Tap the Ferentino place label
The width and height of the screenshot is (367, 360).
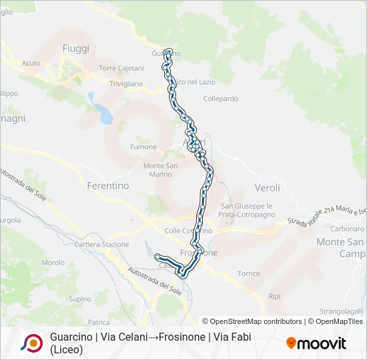pyautogui.click(x=108, y=186)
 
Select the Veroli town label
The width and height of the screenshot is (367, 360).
pyautogui.click(x=268, y=188)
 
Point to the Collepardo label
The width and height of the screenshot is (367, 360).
pyautogui.click(x=220, y=99)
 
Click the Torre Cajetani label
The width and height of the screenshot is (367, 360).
pyautogui.click(x=121, y=69)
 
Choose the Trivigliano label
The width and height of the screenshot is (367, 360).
pyautogui.click(x=126, y=84)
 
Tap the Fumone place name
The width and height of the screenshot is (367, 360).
pyautogui.click(x=143, y=147)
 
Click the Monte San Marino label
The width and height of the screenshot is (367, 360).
pyautogui.click(x=161, y=170)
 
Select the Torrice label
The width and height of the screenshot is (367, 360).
pyautogui.click(x=248, y=273)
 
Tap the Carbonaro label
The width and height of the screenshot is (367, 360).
pyautogui.click(x=347, y=229)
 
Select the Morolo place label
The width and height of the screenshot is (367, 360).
pyautogui.click(x=53, y=263)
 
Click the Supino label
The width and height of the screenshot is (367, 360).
pyautogui.click(x=80, y=299)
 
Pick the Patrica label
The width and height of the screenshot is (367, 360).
pyautogui.click(x=98, y=322)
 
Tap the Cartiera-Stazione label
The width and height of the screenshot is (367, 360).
pyautogui.click(x=102, y=245)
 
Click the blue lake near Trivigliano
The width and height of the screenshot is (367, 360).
pyautogui.click(x=105, y=115)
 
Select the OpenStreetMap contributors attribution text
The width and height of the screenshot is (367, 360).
pyautogui.click(x=256, y=321)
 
